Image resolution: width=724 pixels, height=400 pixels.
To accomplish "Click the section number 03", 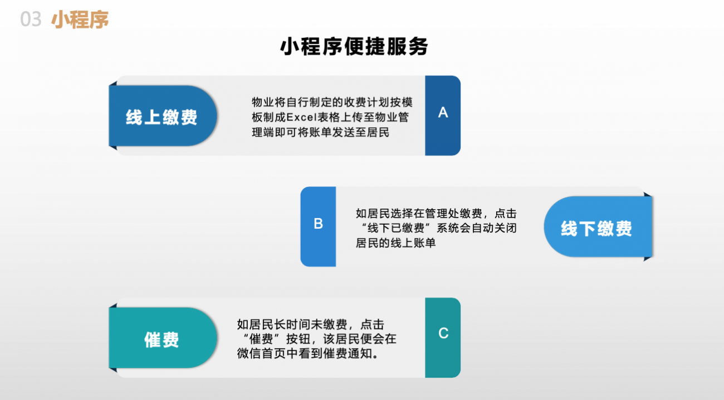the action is click(x=31, y=19).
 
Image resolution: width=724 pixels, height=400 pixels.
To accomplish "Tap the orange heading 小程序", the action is click(x=80, y=20).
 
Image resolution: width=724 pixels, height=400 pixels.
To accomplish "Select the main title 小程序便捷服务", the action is click(x=354, y=46).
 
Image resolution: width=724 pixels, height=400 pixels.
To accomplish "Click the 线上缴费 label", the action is click(x=162, y=117).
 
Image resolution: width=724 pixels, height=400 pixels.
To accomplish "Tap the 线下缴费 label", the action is click(x=596, y=228).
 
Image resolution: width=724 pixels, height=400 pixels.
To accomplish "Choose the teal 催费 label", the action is click(x=162, y=340).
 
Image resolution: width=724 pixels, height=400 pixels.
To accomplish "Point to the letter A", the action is click(x=443, y=112).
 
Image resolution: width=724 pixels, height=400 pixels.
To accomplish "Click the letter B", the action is click(x=319, y=224).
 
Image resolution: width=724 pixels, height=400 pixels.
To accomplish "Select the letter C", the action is click(x=443, y=333).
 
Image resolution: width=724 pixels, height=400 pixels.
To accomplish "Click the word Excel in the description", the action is click(x=301, y=117).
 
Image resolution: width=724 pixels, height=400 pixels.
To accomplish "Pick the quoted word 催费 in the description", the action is click(x=261, y=339).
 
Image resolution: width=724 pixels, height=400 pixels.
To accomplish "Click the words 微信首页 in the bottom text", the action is click(x=261, y=353).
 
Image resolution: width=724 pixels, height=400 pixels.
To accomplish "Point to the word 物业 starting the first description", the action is click(x=263, y=102).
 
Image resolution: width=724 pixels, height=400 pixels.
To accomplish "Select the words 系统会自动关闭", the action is click(x=476, y=228).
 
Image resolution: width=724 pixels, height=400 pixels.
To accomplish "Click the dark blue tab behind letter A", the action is click(x=443, y=115).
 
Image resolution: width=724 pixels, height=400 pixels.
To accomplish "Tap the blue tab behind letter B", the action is click(x=318, y=226).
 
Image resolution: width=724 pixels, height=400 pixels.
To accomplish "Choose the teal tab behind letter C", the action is click(x=443, y=338).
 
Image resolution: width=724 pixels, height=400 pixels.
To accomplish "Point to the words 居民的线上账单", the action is click(x=396, y=243).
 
